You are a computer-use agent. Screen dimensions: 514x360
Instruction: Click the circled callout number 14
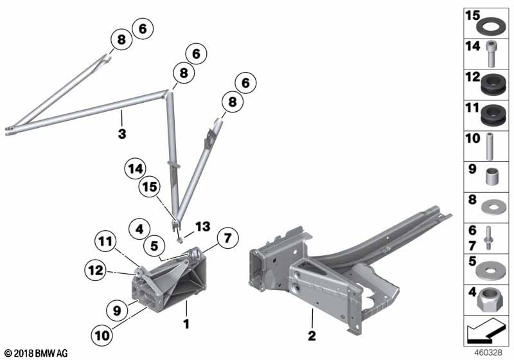[136, 169]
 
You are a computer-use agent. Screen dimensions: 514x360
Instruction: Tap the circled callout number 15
[150, 187]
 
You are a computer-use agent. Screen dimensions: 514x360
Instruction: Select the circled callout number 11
[105, 242]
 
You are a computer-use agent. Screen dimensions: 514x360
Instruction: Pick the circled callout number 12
[96, 271]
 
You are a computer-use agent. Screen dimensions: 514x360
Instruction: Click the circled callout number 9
[117, 310]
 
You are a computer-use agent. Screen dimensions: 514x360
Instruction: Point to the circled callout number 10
[102, 335]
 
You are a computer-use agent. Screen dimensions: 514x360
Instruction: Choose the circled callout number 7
[227, 238]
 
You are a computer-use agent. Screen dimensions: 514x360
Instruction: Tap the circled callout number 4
[139, 229]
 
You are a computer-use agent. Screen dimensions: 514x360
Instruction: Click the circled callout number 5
[154, 246]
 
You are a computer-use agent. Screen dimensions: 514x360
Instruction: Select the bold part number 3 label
[122, 134]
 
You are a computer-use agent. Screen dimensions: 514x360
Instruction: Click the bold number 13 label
[202, 226]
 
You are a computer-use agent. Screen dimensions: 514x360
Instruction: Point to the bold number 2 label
[312, 335]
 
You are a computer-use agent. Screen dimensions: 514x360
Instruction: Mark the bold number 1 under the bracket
[186, 324]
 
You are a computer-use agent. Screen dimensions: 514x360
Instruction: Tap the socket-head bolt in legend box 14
[491, 54]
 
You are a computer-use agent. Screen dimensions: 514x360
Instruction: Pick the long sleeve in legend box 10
[490, 146]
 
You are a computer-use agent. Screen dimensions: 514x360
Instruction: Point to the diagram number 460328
[488, 353]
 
